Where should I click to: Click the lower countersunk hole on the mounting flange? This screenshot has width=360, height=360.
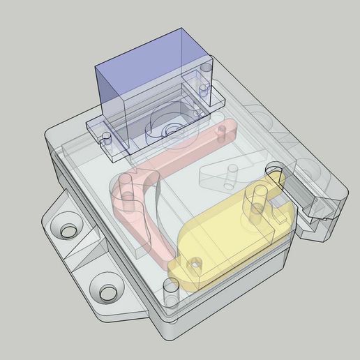[x=106, y=293]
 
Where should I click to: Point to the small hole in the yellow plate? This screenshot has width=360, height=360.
[x=195, y=263]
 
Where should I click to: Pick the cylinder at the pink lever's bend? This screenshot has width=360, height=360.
[x=125, y=187]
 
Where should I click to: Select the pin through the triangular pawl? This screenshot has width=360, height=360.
[x=229, y=175]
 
